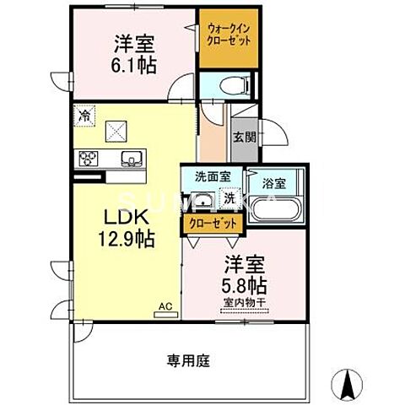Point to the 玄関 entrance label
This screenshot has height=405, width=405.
pos(244,137)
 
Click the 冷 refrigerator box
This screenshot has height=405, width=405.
pos(85,112)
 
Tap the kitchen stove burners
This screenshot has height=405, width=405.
pos(89,157)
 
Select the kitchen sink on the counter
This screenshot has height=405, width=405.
pos(132,157)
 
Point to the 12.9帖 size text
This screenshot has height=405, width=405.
pos(127,239)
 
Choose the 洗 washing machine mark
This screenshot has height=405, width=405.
pos(229,198)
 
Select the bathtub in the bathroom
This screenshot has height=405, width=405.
pos(278,210)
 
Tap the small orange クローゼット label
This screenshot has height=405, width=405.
pos(213,223)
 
